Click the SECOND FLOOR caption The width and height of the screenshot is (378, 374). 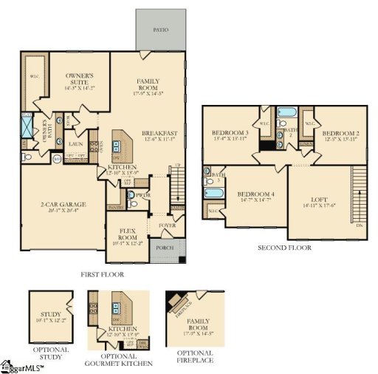coord(284,248)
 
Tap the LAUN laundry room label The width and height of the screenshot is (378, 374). coord(75,135)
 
